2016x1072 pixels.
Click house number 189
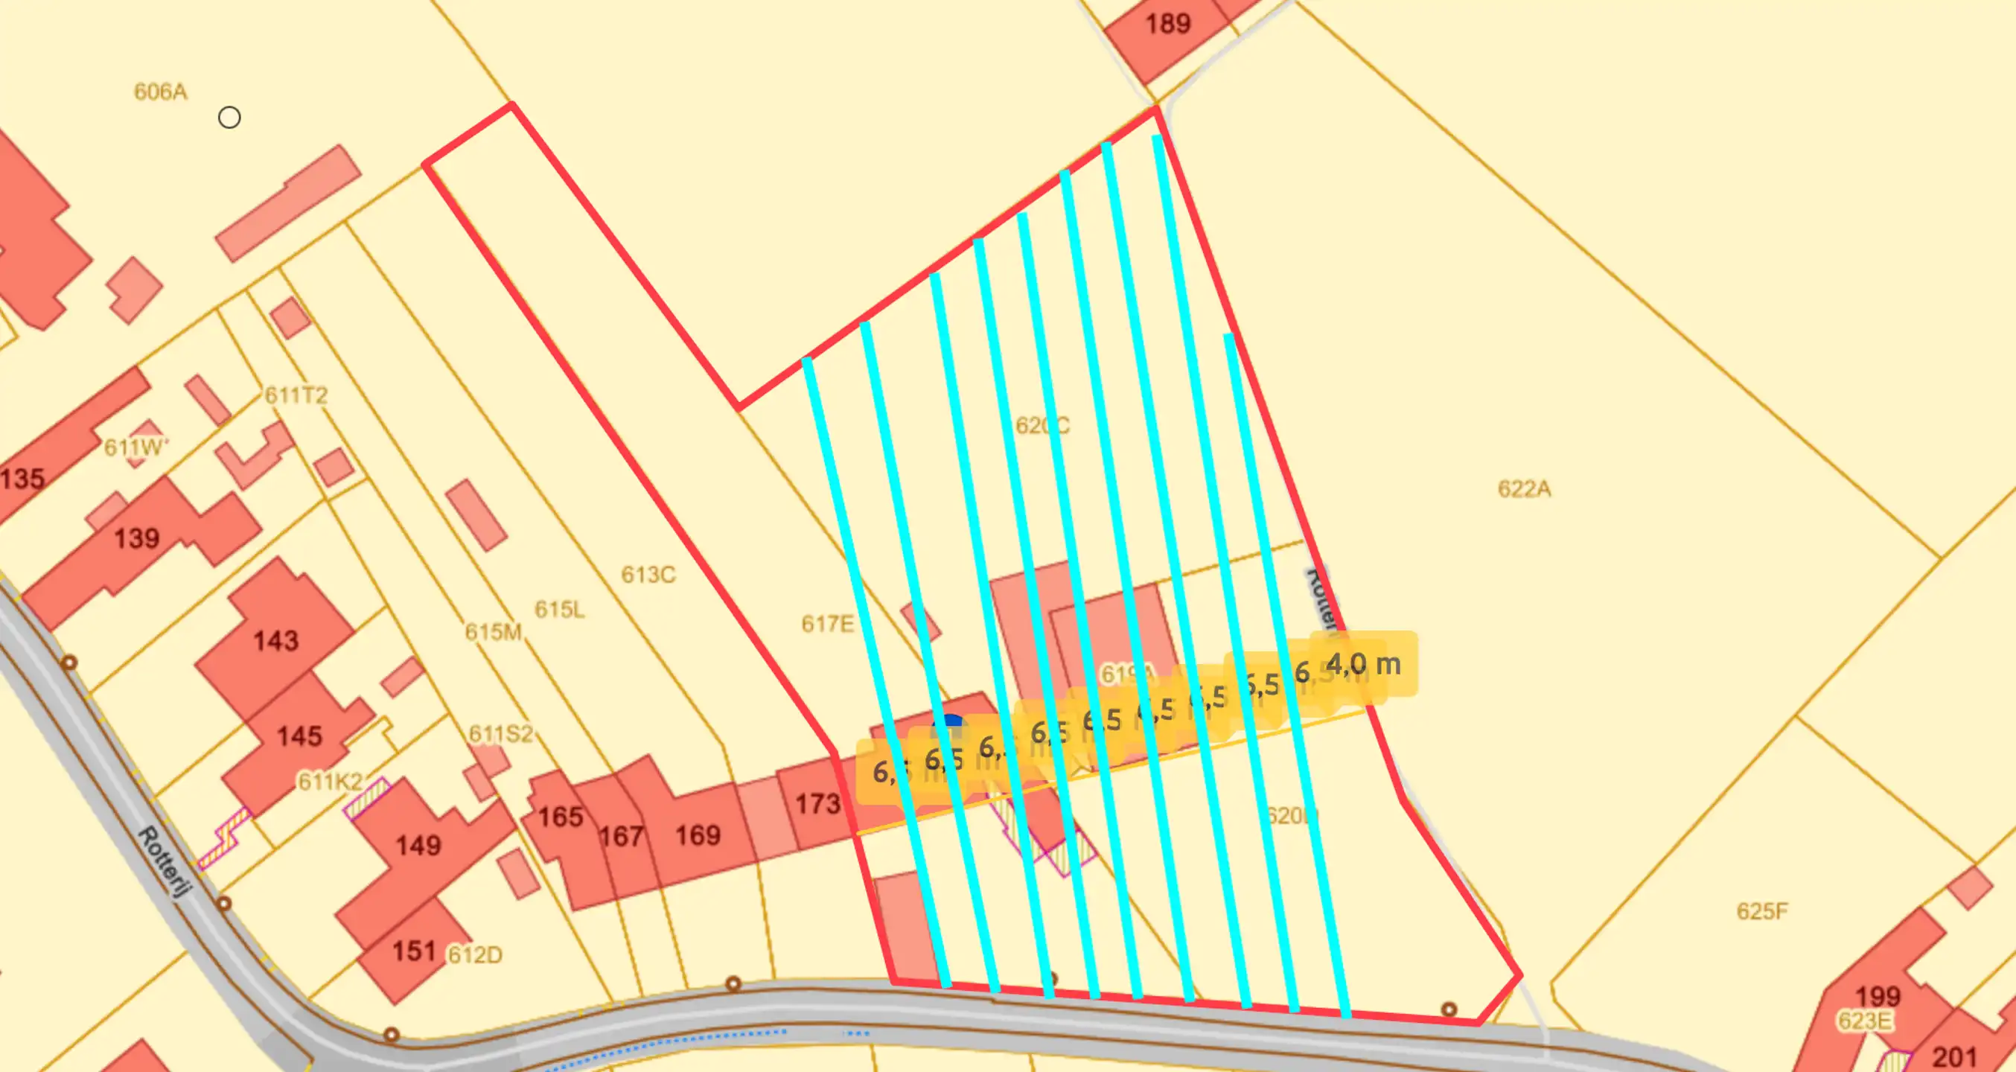pyautogui.click(x=1167, y=24)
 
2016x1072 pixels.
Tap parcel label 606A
pyautogui.click(x=161, y=92)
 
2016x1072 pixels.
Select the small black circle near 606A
pyautogui.click(x=229, y=118)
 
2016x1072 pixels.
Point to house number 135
pyautogui.click(x=22, y=478)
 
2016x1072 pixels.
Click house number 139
pyautogui.click(x=137, y=538)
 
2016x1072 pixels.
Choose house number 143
pyautogui.click(x=275, y=641)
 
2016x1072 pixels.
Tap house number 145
pyautogui.click(x=299, y=736)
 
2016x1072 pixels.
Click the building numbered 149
pyautogui.click(x=418, y=845)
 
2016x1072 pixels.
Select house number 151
pyautogui.click(x=413, y=951)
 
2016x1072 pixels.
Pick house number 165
pyautogui.click(x=561, y=817)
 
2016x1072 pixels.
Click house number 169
pyautogui.click(x=698, y=835)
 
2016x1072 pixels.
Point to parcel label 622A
pyautogui.click(x=1524, y=489)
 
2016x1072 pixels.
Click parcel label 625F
pyautogui.click(x=1761, y=910)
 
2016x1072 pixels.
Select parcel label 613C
pyautogui.click(x=648, y=575)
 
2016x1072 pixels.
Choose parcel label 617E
pyautogui.click(x=827, y=624)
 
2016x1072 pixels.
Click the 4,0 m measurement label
pyautogui.click(x=1363, y=664)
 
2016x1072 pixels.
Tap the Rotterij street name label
pyautogui.click(x=165, y=861)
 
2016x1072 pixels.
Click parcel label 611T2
pyautogui.click(x=296, y=395)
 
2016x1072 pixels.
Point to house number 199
pyautogui.click(x=1878, y=996)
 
